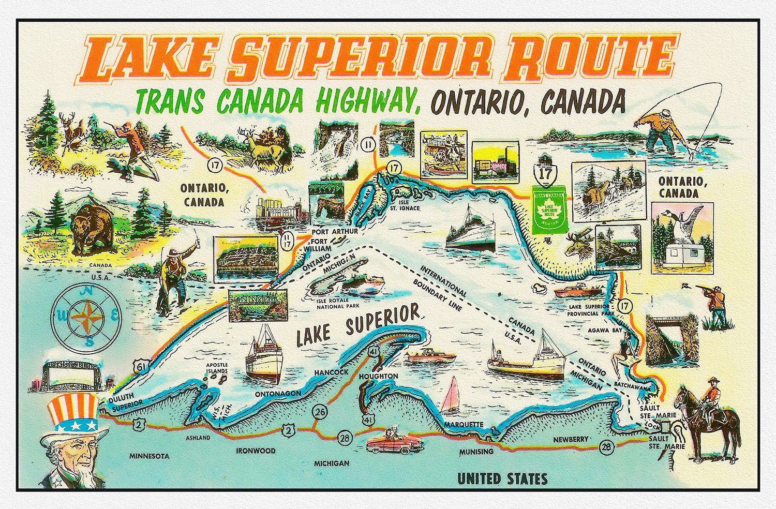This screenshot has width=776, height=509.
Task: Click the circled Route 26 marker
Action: pyautogui.click(x=320, y=412)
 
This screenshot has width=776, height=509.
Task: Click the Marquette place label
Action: pyautogui.click(x=464, y=425)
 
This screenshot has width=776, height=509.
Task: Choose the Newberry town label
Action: pyautogui.click(x=571, y=439)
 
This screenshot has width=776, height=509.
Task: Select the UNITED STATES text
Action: pyautogui.click(x=502, y=478)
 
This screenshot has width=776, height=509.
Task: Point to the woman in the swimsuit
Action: pyautogui.click(x=622, y=355)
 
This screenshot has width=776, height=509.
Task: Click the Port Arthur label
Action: pyautogui.click(x=335, y=231)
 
